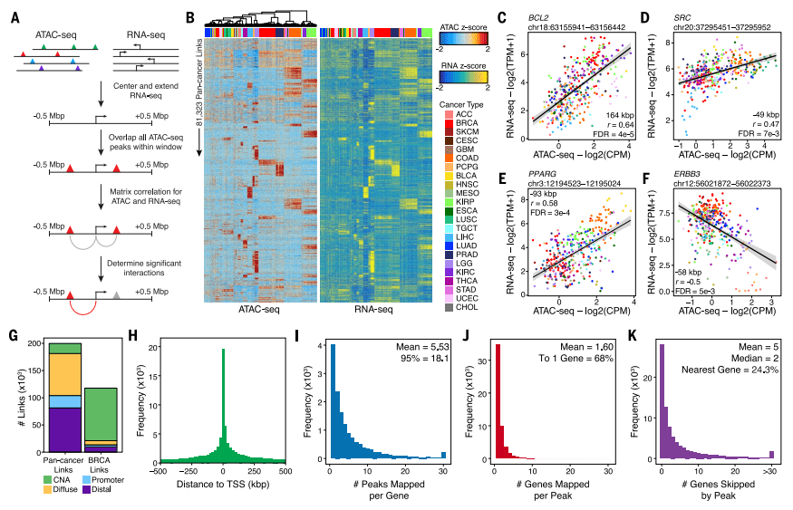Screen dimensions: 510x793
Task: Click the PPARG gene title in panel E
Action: click(x=542, y=176)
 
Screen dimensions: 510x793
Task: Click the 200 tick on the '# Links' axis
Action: click(x=35, y=344)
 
